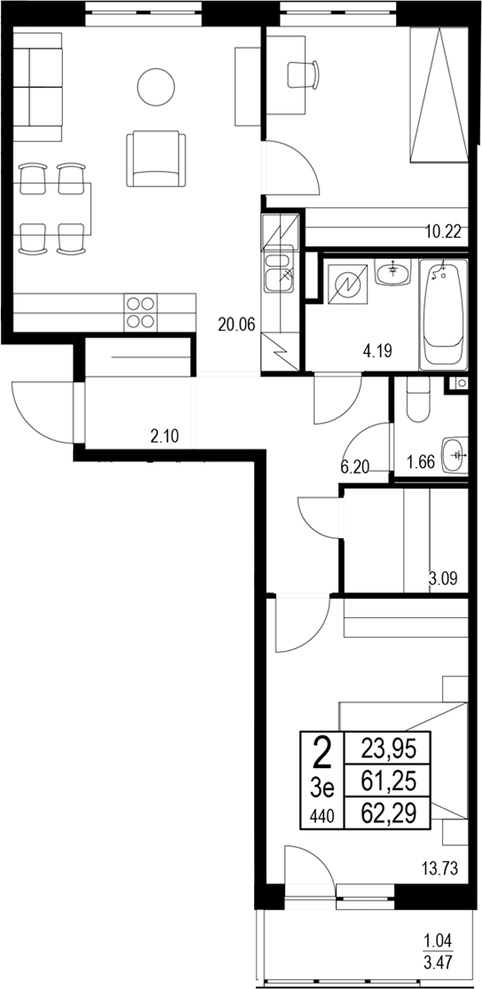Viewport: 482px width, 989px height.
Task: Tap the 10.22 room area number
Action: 443,233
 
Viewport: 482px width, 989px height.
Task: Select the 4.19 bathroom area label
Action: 378,349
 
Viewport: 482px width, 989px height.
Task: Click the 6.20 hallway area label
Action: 355,468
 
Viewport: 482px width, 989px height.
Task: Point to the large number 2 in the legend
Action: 322,751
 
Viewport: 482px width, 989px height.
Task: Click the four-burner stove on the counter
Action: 140,311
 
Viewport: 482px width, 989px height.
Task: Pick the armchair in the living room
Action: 156,158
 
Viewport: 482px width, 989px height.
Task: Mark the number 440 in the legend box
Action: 322,815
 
